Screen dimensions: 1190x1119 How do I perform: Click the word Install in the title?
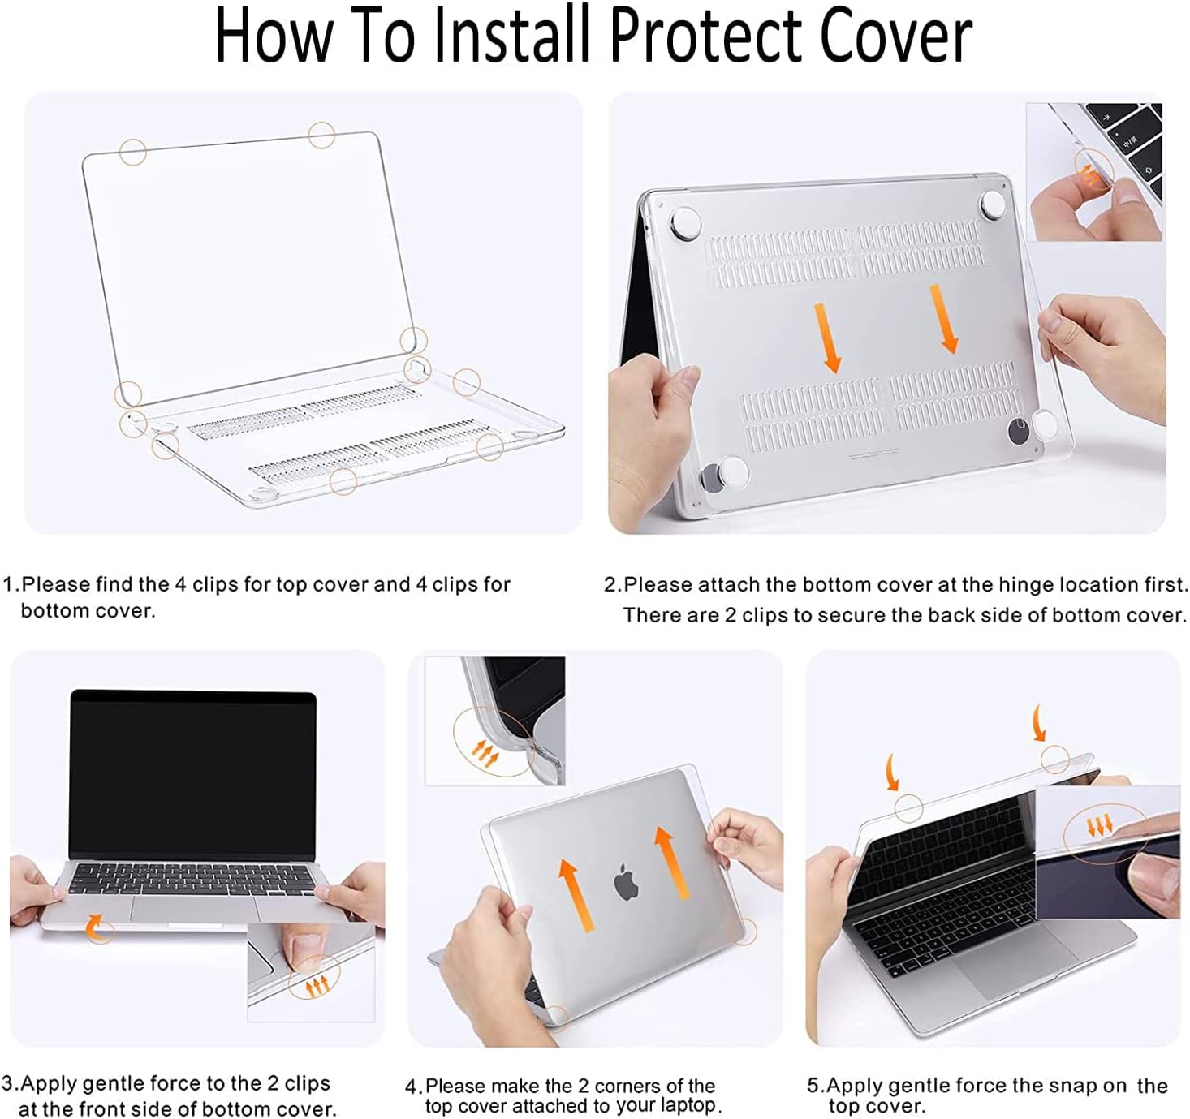[x=511, y=36]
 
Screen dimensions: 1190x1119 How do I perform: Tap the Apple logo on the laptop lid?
[x=626, y=881]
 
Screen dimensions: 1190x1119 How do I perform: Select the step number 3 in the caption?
[x=7, y=1083]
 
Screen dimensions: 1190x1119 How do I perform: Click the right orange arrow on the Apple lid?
[x=672, y=863]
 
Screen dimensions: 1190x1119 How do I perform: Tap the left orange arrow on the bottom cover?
[x=827, y=338]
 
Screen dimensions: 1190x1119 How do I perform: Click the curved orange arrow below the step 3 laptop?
[x=95, y=928]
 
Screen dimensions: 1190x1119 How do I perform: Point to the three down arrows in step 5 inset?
[x=1100, y=827]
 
